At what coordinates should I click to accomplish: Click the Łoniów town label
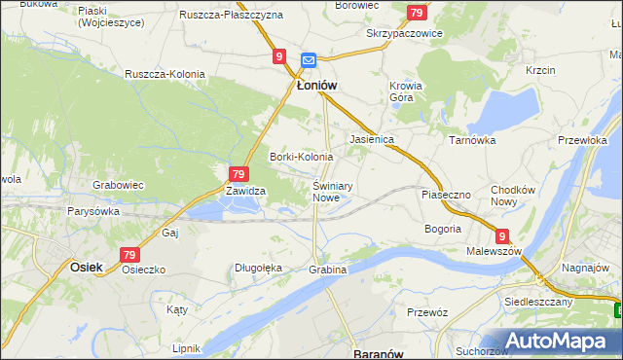(316, 86)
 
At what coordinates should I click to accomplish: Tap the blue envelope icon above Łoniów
(309, 59)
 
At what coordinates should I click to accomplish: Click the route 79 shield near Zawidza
(238, 173)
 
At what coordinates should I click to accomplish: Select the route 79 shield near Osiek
(129, 254)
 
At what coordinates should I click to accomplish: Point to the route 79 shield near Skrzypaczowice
(417, 13)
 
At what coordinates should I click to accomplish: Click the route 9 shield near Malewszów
(501, 235)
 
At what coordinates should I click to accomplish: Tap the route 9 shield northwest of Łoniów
(279, 57)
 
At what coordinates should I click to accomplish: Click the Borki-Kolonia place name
(301, 157)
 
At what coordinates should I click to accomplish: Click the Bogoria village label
(443, 229)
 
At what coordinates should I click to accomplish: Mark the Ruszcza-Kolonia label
(163, 73)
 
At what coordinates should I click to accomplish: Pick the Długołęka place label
(258, 268)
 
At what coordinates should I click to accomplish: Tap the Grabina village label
(327, 269)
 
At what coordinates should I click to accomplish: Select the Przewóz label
(428, 312)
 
